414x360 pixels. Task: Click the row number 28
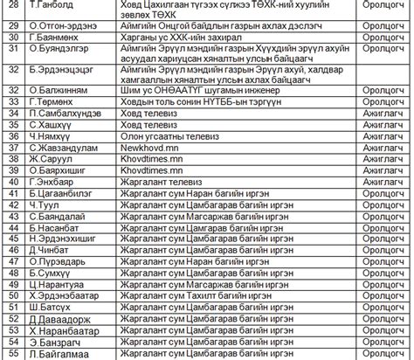12,5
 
